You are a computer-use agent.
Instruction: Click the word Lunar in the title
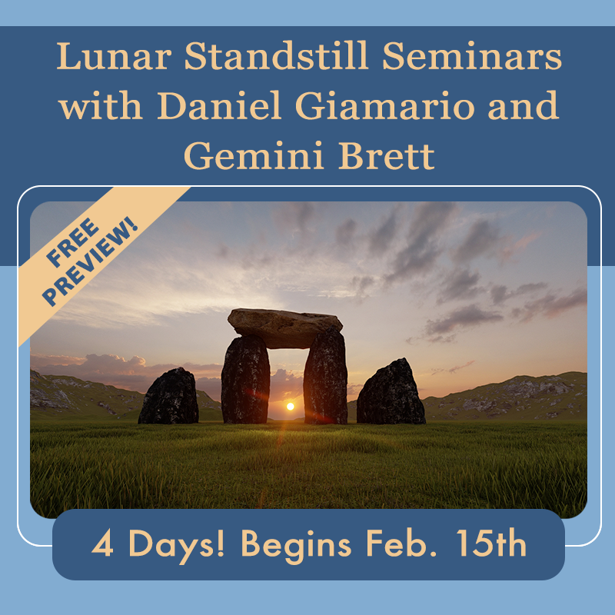tap(114, 55)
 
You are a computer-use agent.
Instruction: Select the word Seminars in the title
tap(472, 55)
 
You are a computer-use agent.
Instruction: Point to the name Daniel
tap(219, 105)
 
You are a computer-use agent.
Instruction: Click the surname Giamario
tap(385, 105)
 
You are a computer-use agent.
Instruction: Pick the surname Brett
tap(387, 155)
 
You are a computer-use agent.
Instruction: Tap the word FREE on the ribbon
tap(72, 242)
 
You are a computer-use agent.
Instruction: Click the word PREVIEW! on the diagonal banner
tap(90, 261)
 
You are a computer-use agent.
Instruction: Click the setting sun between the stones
tap(291, 407)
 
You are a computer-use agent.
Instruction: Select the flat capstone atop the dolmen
tap(284, 328)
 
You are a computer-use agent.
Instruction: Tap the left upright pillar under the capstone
tap(245, 380)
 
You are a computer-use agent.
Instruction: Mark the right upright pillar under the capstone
tap(325, 377)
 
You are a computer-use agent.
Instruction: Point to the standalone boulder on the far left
tap(168, 396)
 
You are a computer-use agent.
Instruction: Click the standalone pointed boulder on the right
tap(391, 392)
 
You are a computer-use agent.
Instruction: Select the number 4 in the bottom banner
tap(102, 544)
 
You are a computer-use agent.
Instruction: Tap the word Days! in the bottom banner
tap(177, 546)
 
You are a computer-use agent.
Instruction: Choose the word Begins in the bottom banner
tap(295, 546)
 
